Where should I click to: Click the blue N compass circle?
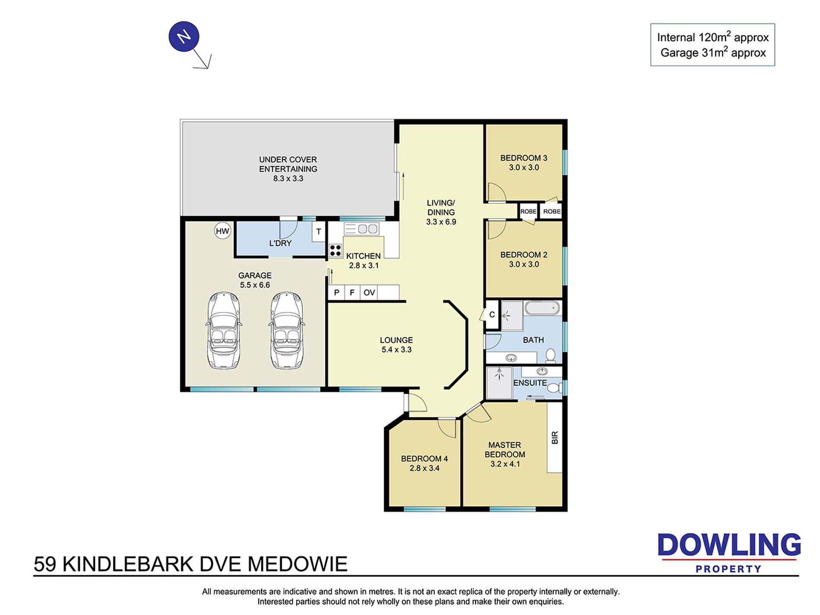click(184, 37)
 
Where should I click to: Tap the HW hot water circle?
click(223, 231)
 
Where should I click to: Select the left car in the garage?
click(224, 331)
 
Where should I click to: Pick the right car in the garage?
click(286, 331)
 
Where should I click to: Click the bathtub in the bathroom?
click(542, 308)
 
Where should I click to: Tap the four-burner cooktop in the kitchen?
click(335, 251)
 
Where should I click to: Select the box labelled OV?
click(369, 293)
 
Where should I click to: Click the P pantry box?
click(337, 293)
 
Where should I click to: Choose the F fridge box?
click(352, 293)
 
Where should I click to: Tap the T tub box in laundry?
click(319, 232)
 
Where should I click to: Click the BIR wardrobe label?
click(555, 438)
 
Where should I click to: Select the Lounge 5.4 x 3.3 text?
click(396, 345)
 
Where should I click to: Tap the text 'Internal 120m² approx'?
click(713, 37)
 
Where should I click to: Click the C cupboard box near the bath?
click(492, 315)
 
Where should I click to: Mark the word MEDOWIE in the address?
click(297, 564)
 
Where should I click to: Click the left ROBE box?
click(528, 211)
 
